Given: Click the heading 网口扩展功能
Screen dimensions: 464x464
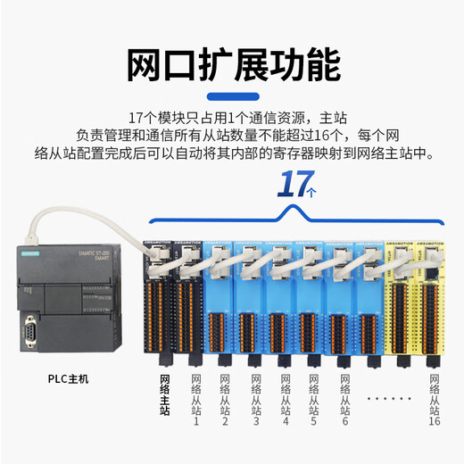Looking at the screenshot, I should (x=232, y=64).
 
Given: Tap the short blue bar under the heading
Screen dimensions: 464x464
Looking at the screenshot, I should (x=232, y=96).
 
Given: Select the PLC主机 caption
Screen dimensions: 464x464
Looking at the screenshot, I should (x=68, y=379).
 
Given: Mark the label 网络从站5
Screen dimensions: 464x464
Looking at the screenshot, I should (x=315, y=401).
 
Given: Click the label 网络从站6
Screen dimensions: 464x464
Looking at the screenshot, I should (x=344, y=401).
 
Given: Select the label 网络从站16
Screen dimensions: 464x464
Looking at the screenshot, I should (x=435, y=401).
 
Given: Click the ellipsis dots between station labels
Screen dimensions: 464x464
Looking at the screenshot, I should (x=389, y=396).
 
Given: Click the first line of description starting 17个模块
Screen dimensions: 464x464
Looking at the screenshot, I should (x=232, y=117).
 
